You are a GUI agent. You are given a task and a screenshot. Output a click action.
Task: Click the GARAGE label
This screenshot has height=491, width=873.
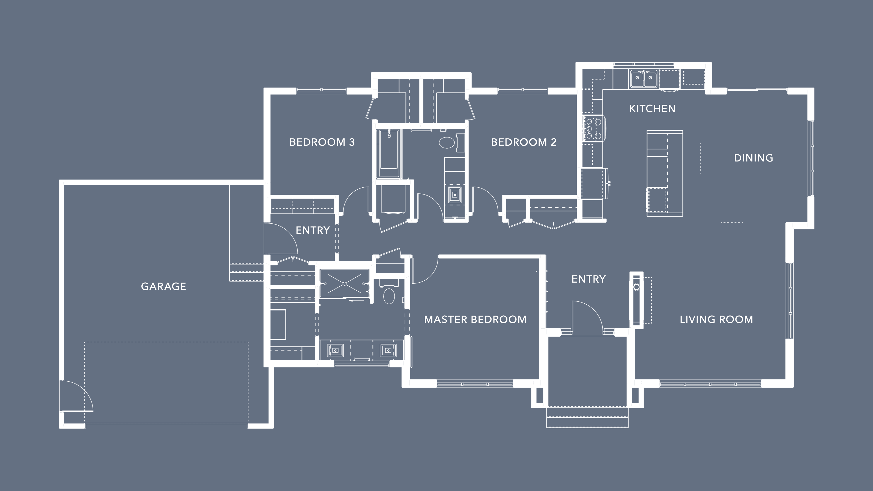[163, 287]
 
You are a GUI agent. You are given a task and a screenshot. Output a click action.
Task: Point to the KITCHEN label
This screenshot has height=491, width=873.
[652, 109]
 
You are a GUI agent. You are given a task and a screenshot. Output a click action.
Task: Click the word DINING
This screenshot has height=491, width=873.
[753, 158]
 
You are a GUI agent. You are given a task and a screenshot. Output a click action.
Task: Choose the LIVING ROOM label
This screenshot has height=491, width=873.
[716, 319]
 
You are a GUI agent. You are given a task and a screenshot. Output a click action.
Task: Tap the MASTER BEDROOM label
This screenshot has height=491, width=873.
[475, 319]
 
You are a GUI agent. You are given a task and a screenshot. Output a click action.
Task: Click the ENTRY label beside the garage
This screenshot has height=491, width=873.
[312, 230]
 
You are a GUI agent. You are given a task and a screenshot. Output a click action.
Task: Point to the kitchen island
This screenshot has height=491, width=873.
[665, 173]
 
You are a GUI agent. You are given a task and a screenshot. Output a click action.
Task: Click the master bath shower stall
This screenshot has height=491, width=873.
[344, 284]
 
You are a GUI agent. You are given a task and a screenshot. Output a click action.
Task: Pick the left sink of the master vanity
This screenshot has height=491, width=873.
[335, 350]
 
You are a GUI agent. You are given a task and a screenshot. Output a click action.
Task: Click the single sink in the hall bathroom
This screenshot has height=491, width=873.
[455, 195]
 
